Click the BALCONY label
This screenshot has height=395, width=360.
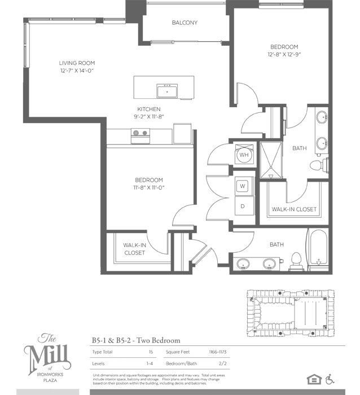pyautogui.click(x=185, y=23)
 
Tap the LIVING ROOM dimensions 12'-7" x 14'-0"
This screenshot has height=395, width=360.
pyautogui.click(x=77, y=72)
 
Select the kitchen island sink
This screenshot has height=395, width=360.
pyautogui.click(x=167, y=90)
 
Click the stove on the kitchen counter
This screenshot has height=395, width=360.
pyautogui.click(x=139, y=134)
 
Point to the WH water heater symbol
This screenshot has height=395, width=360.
pyautogui.click(x=244, y=155)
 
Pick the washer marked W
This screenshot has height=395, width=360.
pyautogui.click(x=243, y=186)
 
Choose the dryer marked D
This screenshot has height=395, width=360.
pyautogui.click(x=243, y=206)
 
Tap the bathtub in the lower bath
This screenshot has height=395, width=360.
pyautogui.click(x=317, y=251)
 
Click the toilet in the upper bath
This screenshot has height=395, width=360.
pyautogui.click(x=318, y=165)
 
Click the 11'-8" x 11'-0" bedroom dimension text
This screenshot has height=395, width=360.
pyautogui.click(x=149, y=188)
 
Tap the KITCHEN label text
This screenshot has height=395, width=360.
pyautogui.click(x=149, y=109)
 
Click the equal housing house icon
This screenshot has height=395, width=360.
pyautogui.click(x=312, y=378)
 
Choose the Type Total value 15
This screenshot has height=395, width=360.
pyautogui.click(x=151, y=352)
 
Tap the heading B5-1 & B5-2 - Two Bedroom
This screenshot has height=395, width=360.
pyautogui.click(x=136, y=340)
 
